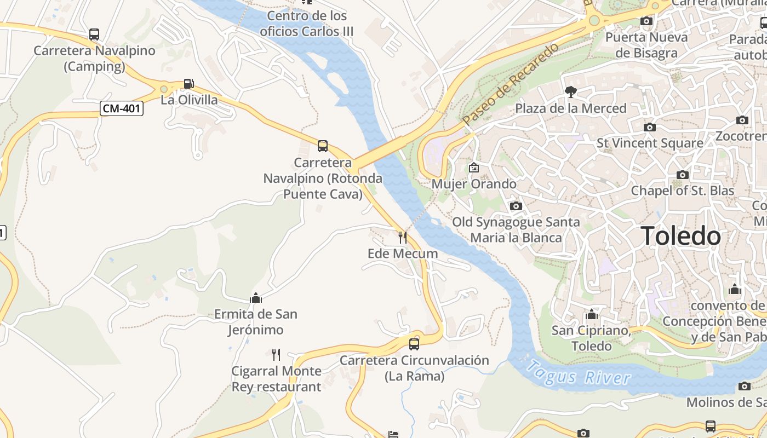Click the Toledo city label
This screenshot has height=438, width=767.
point(680,237)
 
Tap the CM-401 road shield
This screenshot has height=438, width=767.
point(122,108)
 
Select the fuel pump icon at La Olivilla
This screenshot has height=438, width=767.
point(188,84)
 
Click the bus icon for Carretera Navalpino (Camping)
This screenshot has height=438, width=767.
point(94,34)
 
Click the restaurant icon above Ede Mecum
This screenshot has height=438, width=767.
point(403,237)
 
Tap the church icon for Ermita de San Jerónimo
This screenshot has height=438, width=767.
point(256,298)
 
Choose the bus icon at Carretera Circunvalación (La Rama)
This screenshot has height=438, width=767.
point(414,344)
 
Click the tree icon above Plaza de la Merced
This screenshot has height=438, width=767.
point(570,91)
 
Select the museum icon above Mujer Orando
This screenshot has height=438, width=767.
point(474,168)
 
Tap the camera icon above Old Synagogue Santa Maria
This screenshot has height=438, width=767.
point(516,206)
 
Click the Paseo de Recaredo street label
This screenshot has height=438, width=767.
point(510,84)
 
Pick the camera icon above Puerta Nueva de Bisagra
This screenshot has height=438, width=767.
point(646,21)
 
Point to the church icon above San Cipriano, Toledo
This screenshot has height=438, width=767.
point(592,315)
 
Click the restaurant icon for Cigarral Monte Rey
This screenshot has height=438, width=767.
point(276,355)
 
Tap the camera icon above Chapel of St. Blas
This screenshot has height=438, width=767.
point(683,175)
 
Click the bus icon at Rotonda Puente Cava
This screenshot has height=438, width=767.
point(323,146)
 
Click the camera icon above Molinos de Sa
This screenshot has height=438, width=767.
point(744,386)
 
